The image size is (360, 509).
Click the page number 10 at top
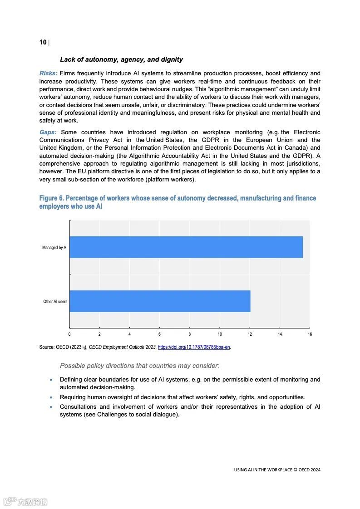(43, 42)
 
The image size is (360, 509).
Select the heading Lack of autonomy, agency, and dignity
(121, 59)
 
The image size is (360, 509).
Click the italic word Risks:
(49, 73)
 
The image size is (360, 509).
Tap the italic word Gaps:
(48, 132)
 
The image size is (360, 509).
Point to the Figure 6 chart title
(178, 202)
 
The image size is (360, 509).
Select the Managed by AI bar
(186, 247)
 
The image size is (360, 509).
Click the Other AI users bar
(160, 301)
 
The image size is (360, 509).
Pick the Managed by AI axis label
(54, 248)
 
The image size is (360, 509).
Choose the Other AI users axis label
(55, 302)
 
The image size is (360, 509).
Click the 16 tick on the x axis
(310, 334)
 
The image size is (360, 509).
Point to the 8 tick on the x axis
(190, 334)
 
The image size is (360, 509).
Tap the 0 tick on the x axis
(69, 334)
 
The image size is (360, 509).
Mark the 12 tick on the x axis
(250, 334)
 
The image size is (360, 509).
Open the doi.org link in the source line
(194, 347)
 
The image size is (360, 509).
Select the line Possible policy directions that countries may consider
(139, 366)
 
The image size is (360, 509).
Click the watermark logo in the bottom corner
(25, 502)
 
